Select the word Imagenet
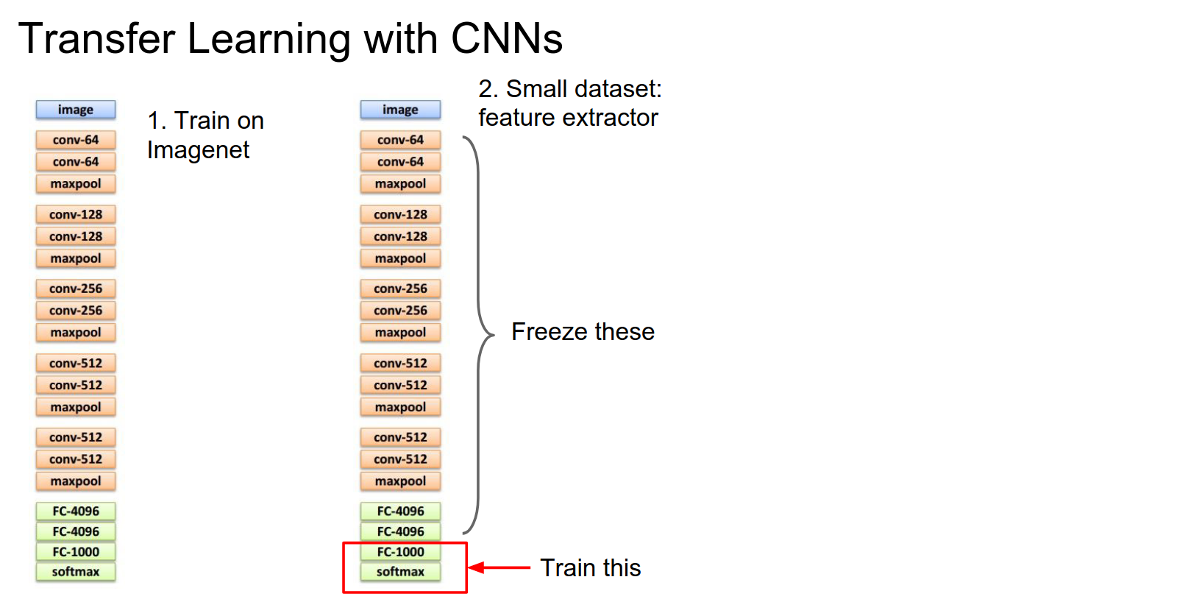198,150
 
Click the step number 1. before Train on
157,121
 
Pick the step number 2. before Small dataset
488,89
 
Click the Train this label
590,568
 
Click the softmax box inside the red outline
400,572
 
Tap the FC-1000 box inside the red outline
400,552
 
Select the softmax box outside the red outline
76,572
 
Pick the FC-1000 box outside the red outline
76,552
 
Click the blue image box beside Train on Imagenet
76,110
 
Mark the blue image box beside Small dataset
400,110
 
